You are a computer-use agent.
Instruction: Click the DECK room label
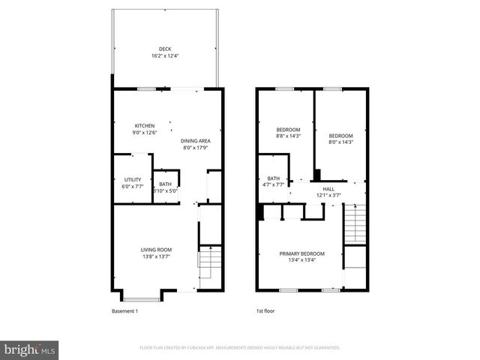pos(164,49)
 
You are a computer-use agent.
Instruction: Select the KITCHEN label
pos(145,125)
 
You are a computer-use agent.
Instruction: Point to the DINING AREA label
pos(196,141)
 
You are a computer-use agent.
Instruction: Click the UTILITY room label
pos(132,179)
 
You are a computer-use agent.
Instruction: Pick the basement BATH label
pos(164,184)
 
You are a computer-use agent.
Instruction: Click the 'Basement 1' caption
pos(124,310)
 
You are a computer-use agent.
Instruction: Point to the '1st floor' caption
pos(265,310)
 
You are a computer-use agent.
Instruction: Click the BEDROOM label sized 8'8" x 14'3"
pos(288,130)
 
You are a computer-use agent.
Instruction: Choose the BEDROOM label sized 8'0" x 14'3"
pos(340,136)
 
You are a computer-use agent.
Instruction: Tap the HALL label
pos(328,189)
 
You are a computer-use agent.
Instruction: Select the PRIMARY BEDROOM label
pos(302,253)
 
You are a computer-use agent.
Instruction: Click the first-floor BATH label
pos(273,178)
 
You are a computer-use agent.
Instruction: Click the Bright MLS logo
pos(30,349)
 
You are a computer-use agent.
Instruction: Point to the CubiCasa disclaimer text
pos(240,348)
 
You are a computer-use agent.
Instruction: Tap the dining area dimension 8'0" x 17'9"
pos(196,148)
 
